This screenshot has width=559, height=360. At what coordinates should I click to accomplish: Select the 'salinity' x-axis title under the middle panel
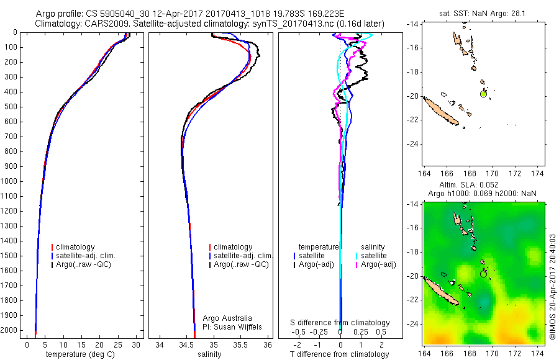coord(209,354)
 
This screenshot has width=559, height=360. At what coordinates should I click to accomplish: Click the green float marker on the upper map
coord(484,94)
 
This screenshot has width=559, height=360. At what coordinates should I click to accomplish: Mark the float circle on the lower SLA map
coord(484,274)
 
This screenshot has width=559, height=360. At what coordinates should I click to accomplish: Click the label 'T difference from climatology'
coord(340,354)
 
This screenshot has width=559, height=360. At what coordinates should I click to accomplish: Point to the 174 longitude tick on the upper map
coord(540,172)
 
